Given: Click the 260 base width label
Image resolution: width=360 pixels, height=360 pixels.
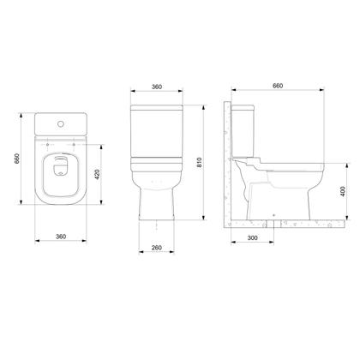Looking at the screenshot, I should click(x=158, y=248).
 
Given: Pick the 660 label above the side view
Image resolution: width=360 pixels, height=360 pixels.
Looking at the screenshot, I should click(x=278, y=87).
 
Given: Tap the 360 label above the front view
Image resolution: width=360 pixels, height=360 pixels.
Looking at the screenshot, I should click(x=158, y=87).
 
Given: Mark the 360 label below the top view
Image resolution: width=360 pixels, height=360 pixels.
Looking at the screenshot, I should click(x=60, y=236).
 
